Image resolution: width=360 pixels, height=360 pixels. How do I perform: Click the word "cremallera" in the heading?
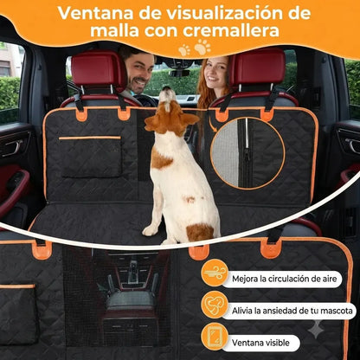[x=231, y=31]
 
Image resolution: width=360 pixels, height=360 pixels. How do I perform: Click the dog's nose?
[x=167, y=88]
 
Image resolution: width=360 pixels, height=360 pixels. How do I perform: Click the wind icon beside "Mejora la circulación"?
[x=215, y=273]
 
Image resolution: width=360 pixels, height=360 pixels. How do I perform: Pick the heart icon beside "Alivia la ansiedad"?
[x=215, y=305]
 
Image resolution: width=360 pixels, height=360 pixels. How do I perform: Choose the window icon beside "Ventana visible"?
[x=215, y=337]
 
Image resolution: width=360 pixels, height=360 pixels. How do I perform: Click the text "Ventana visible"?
[x=260, y=343]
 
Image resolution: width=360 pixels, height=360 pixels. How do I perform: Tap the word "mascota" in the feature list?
[x=337, y=311]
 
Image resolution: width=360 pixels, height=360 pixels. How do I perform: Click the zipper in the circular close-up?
[x=247, y=153]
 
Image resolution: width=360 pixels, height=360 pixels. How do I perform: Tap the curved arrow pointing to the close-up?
[x=212, y=125]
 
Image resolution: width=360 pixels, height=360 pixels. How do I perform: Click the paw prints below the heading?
[x=195, y=48]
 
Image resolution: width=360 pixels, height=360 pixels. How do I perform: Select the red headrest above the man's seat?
[x=99, y=69]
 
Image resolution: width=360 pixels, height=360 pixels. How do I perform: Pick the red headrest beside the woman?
[x=257, y=67]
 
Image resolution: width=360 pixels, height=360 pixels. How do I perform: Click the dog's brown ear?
[x=189, y=119]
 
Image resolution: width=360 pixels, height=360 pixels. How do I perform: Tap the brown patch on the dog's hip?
[x=200, y=232]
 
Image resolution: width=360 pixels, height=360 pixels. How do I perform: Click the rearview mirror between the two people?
[x=179, y=73]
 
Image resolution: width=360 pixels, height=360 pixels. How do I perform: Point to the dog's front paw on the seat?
[x=150, y=230]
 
